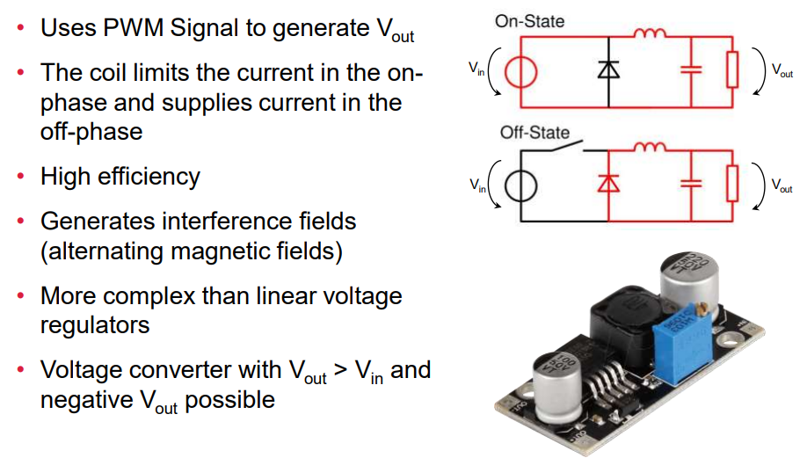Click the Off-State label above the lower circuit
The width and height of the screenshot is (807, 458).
point(534,134)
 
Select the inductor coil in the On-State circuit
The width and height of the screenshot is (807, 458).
point(650,34)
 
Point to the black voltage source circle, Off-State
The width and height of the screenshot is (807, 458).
point(519,185)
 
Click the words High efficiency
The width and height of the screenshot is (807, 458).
point(120,177)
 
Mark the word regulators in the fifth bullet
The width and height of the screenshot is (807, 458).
point(95,324)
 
